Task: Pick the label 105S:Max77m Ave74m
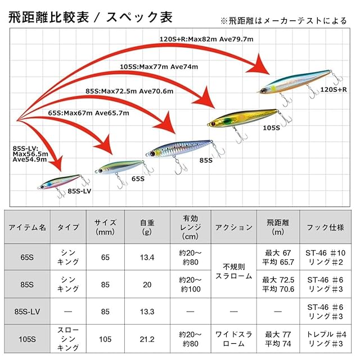[x=159, y=67]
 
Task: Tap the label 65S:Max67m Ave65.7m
[x=89, y=113]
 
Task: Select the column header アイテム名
[x=27, y=227]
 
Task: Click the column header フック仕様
[x=326, y=227]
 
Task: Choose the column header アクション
[x=233, y=227]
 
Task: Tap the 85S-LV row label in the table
[x=27, y=310]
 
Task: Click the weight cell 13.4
[x=147, y=257]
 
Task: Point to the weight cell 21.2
[x=147, y=339]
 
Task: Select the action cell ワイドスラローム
[x=233, y=339]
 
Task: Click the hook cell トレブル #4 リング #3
[x=326, y=339]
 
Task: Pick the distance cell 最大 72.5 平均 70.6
[x=278, y=284]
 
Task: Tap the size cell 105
[x=105, y=339]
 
